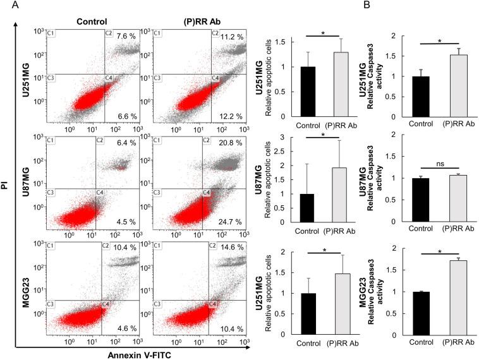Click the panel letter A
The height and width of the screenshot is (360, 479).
pyautogui.click(x=6, y=6)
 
